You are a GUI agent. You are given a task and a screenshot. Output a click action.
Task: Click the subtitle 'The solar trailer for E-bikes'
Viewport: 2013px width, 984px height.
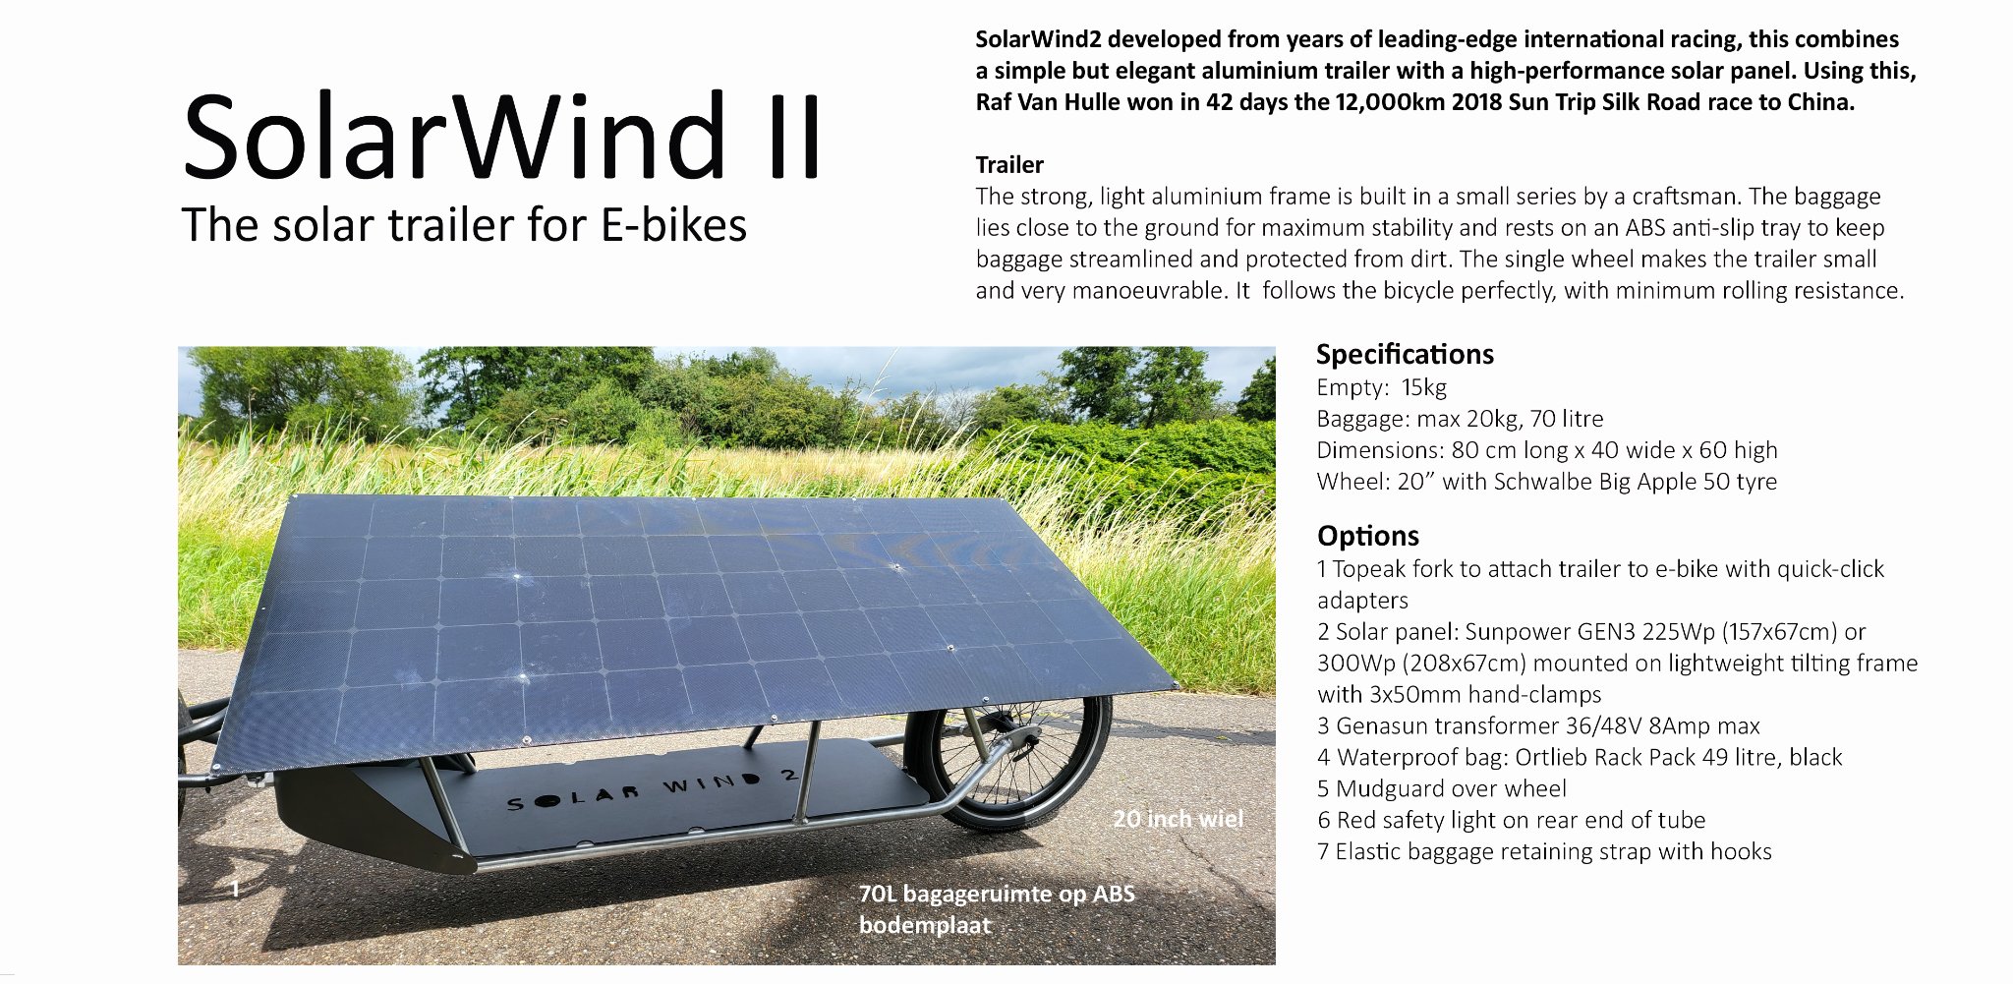464,225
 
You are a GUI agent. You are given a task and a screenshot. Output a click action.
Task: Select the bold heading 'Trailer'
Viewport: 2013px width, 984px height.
1009,164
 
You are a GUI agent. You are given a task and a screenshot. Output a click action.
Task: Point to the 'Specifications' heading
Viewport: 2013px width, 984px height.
1405,354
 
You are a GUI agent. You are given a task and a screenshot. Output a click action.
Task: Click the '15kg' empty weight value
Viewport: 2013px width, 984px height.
1424,387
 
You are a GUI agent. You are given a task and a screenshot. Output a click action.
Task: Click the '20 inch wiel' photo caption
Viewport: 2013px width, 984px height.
1178,819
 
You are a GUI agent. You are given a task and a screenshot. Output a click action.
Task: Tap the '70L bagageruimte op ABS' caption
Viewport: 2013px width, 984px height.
997,894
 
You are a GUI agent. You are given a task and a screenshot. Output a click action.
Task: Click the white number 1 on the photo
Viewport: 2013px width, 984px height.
235,889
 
